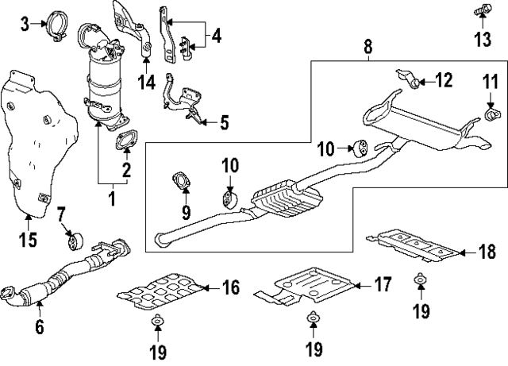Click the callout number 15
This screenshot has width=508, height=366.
[x=28, y=239]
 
